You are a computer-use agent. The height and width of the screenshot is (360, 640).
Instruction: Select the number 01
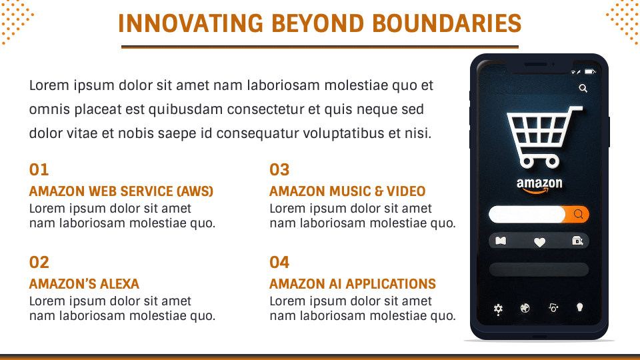[39, 170]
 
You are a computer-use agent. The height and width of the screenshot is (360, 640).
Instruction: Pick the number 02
[39, 262]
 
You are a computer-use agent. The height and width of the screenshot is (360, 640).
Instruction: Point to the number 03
[279, 170]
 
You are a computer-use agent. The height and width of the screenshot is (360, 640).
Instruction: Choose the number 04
[279, 262]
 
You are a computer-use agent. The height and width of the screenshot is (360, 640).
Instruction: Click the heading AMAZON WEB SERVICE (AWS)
[121, 191]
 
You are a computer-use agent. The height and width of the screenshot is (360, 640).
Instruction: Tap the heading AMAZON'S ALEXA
[84, 284]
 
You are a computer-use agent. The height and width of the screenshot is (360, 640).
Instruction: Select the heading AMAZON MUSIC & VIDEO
[347, 191]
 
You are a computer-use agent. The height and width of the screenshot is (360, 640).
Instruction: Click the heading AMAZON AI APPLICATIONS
[353, 284]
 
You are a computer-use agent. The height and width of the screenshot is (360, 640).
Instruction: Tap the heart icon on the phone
[539, 242]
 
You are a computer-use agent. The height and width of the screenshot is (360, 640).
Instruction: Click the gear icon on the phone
[498, 309]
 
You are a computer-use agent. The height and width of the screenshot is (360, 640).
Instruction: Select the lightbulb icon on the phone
[580, 307]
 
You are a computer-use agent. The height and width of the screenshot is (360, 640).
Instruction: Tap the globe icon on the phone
[525, 308]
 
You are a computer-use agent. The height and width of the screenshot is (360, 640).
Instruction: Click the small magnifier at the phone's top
[583, 88]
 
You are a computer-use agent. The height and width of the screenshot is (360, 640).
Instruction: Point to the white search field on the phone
[527, 214]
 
